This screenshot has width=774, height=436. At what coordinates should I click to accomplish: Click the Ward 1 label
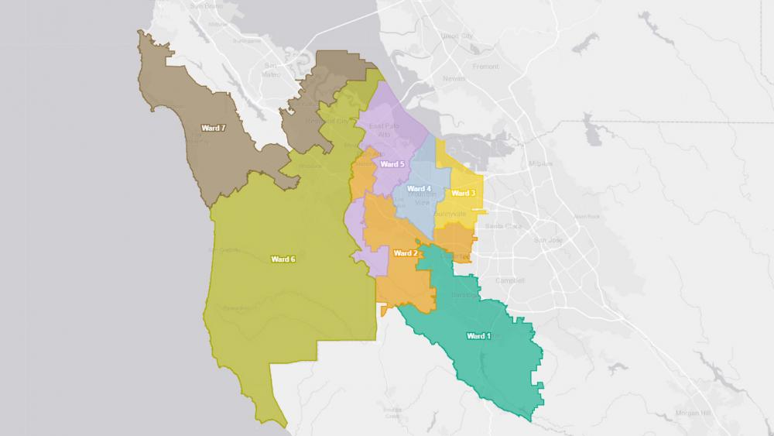point(478,336)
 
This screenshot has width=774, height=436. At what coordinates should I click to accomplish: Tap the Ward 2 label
point(406,253)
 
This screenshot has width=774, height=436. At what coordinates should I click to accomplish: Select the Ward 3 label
point(462,193)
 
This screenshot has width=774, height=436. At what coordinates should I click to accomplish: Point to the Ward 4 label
point(418,189)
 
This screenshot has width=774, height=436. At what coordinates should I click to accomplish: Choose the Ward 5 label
point(392,164)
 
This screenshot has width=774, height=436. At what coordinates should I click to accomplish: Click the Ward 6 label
point(283,259)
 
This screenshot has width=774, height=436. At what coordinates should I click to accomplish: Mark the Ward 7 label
point(212,128)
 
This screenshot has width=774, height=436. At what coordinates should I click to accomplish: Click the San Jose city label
point(546,240)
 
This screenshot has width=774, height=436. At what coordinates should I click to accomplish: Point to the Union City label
point(455,36)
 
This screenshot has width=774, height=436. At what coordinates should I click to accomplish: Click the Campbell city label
point(510,280)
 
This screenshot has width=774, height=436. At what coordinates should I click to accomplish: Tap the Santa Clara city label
point(499,226)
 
